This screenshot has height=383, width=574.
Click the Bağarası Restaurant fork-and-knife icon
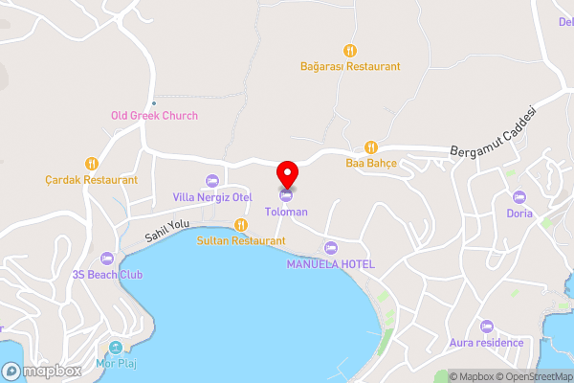(x=350, y=51)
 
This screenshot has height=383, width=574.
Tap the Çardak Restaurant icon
(x=92, y=163)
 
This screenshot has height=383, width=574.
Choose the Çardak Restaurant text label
(x=92, y=179)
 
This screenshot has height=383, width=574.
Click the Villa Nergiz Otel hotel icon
(x=211, y=180)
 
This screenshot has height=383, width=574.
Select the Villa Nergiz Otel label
(x=211, y=197)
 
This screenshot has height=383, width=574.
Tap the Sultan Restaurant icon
(x=241, y=225)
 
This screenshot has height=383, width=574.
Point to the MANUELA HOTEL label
(x=331, y=263)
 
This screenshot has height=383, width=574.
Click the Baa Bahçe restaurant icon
(x=371, y=147)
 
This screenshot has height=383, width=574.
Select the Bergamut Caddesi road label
(x=497, y=133)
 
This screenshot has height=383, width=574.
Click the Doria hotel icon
(x=519, y=197)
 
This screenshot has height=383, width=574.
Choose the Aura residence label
(x=488, y=343)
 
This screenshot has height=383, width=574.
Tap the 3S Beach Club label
(x=106, y=275)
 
